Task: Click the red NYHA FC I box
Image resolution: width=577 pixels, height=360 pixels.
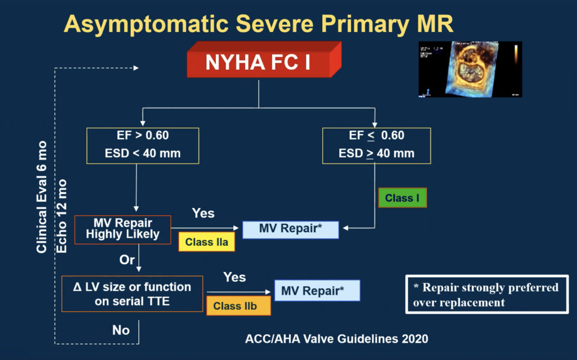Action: [x=259, y=62]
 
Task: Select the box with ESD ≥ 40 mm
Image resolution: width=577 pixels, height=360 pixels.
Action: [x=376, y=145]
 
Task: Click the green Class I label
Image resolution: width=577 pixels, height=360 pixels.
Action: [x=402, y=198]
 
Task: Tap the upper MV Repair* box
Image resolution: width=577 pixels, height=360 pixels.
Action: [x=290, y=229]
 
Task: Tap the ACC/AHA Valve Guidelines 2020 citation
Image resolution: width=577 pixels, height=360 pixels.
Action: [x=336, y=339]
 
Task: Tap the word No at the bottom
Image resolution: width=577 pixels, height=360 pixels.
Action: [x=121, y=330]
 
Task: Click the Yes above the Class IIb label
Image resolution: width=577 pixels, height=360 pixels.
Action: [x=234, y=277]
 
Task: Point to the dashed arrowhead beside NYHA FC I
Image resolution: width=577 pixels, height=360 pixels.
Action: [x=135, y=68]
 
